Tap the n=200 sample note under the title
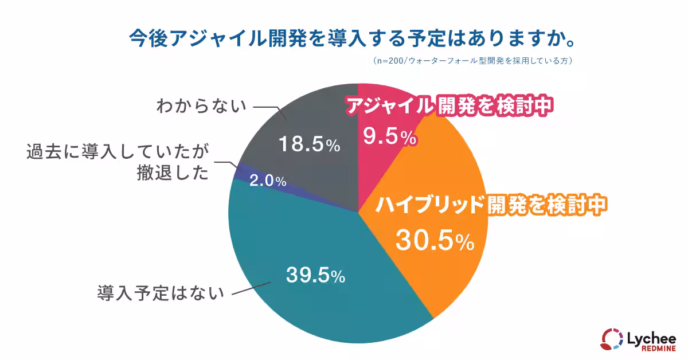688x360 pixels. click(473, 60)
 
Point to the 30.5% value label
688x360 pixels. click(435, 241)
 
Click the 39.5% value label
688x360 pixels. click(315, 276)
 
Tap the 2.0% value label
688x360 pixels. click(267, 181)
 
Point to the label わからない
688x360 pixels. click(201, 107)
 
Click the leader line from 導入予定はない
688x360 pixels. click(252, 288)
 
